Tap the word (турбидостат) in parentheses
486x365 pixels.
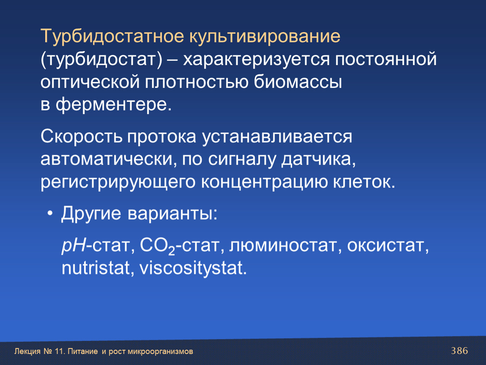coord(101,60)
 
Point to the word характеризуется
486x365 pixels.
coord(257,60)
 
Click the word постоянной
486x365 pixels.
coord(386,59)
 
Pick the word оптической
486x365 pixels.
coord(90,82)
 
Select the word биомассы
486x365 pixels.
coord(298,82)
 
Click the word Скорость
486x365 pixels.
coord(81,136)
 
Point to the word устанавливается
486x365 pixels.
coord(277,136)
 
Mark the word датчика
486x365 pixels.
coord(318,160)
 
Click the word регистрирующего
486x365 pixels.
coord(118,182)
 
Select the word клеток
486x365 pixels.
coord(364,182)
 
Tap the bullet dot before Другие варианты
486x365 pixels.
coord(50,214)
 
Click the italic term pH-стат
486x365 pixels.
coord(98,246)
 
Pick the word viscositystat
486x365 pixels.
coord(193,269)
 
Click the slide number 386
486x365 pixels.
coord(459,351)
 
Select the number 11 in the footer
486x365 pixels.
coord(59,351)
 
